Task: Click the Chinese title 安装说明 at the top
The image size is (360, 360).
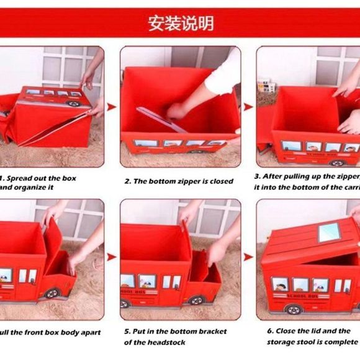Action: (x=181, y=23)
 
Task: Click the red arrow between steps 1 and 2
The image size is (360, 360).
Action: (x=112, y=107)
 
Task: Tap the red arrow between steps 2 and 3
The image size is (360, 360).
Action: (x=248, y=107)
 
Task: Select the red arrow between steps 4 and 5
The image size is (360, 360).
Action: (x=112, y=256)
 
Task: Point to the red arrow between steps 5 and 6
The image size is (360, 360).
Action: (x=248, y=256)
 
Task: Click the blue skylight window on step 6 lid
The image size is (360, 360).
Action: (x=328, y=233)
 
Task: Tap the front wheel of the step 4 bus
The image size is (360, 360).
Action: (x=52, y=293)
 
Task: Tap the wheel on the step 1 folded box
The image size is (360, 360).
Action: (x=74, y=104)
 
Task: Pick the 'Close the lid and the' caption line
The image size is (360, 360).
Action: (x=308, y=331)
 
